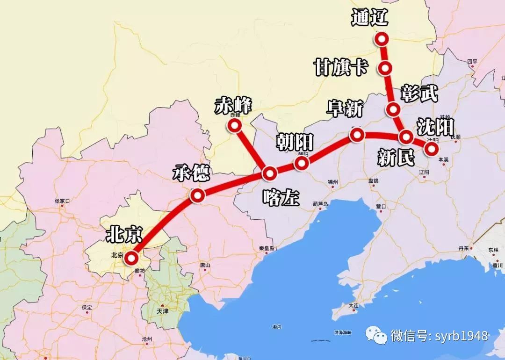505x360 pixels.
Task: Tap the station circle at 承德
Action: tap(197, 196)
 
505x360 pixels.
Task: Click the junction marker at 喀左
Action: tap(270, 173)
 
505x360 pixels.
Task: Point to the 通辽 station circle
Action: tap(382, 39)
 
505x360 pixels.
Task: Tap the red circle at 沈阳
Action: tap(431, 148)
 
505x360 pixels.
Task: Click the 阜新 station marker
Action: tap(357, 135)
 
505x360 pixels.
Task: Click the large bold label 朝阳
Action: tap(295, 141)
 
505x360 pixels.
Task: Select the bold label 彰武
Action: tap(419, 93)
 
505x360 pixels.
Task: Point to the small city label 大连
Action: tap(353, 305)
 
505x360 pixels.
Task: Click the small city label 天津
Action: tap(162, 310)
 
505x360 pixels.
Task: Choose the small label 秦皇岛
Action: tap(265, 248)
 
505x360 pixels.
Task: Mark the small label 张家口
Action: tap(62, 201)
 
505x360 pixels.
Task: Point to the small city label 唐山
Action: tap(205, 265)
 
